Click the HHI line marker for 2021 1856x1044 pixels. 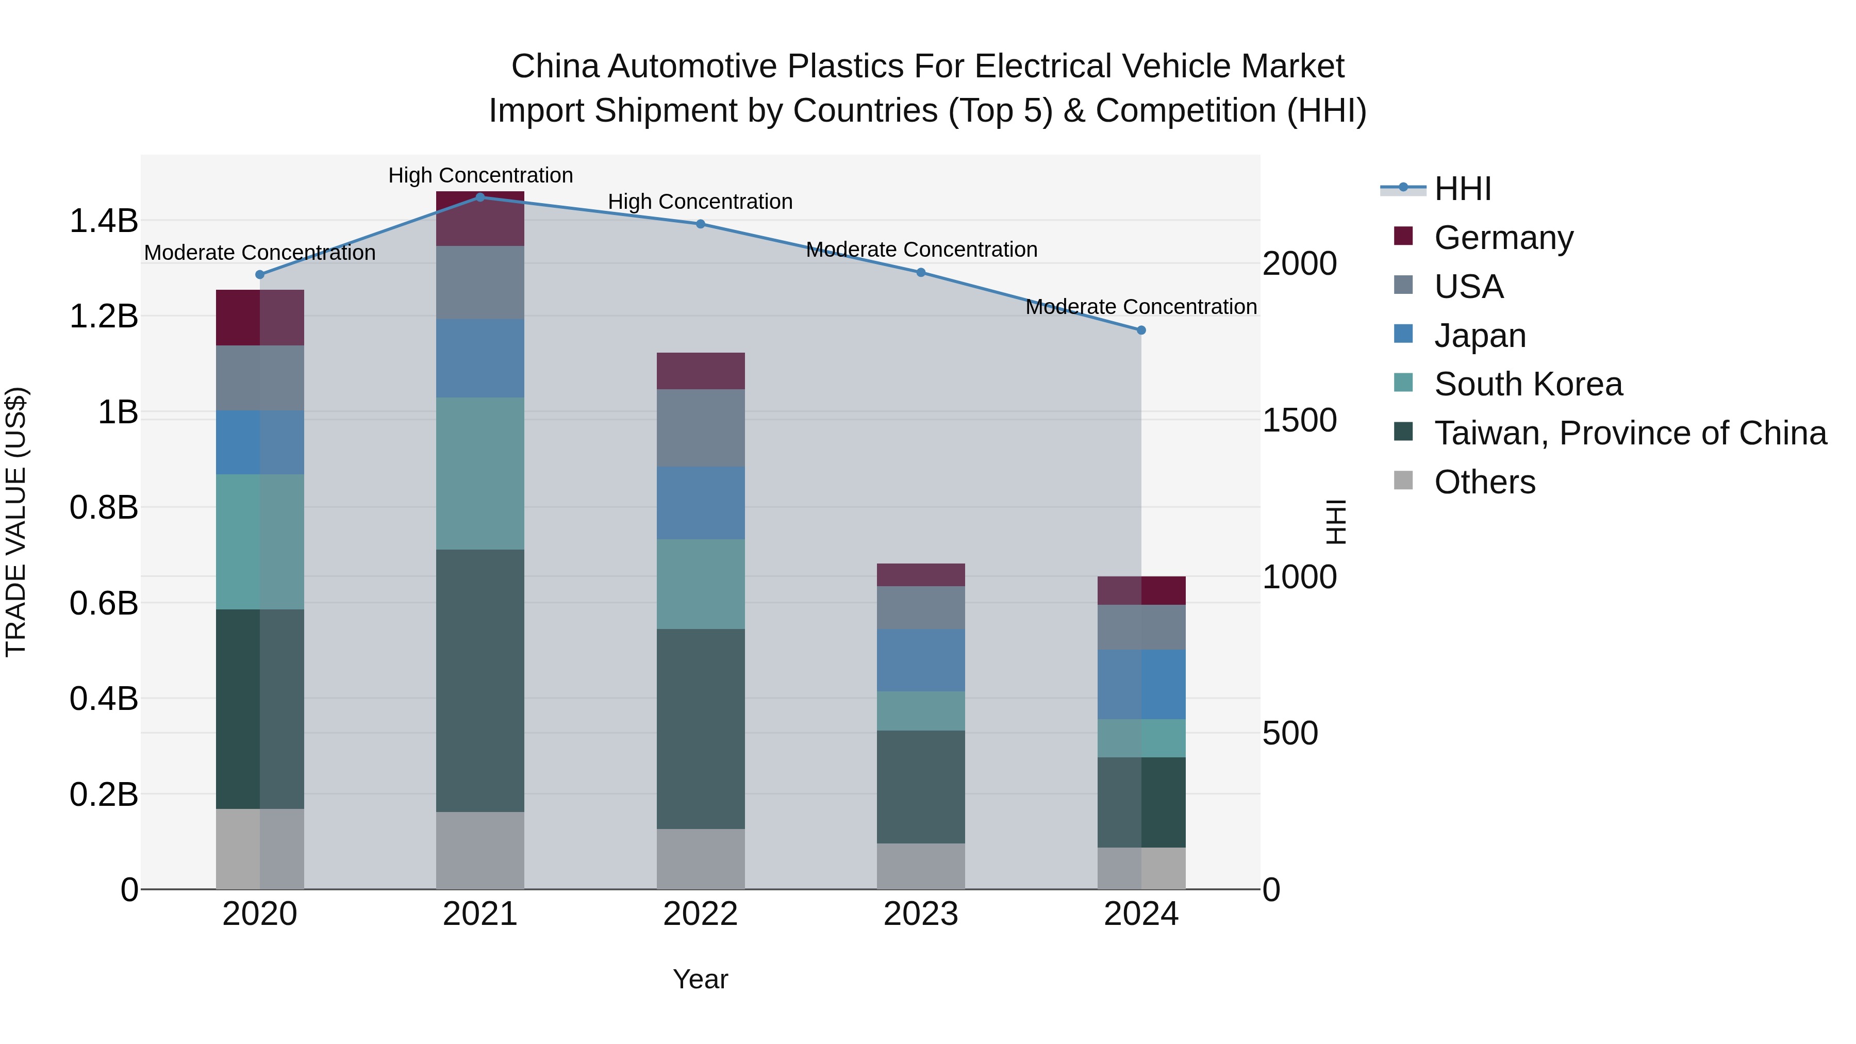[x=480, y=197]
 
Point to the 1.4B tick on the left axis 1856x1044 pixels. [x=103, y=221]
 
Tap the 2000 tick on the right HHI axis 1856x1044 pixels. [x=1299, y=263]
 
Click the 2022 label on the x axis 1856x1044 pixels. [x=700, y=914]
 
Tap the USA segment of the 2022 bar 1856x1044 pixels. [x=700, y=428]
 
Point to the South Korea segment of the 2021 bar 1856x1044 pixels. [x=480, y=473]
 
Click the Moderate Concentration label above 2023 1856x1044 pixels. [x=921, y=250]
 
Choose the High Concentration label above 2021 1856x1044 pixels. [x=480, y=175]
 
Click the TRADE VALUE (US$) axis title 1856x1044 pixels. [x=16, y=522]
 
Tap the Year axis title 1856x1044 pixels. [x=700, y=979]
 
